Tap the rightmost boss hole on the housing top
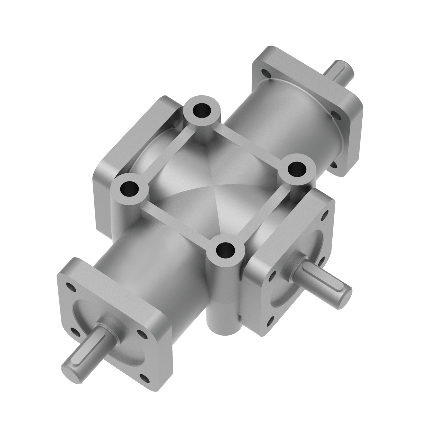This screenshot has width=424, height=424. click(297, 169)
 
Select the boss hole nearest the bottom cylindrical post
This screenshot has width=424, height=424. click(225, 249)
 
